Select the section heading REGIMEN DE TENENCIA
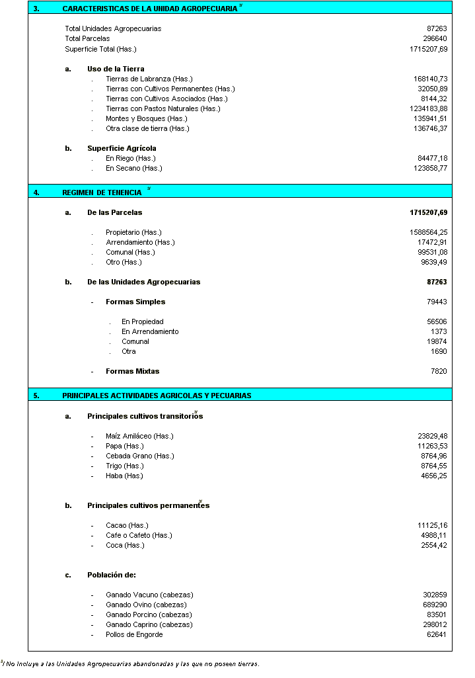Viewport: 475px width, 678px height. [102, 192]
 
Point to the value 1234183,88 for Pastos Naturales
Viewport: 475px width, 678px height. [428, 108]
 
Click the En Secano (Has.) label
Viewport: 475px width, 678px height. [133, 168]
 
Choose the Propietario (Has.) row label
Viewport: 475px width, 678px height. [133, 232]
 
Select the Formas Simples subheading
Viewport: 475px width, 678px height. [135, 302]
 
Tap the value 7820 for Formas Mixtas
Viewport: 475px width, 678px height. [439, 371]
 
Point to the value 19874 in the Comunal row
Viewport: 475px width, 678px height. [437, 341]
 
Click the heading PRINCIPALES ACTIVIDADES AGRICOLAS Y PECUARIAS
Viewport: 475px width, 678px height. [157, 396]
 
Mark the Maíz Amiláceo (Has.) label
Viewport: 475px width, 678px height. [139, 436]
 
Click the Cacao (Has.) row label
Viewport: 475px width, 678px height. [127, 525]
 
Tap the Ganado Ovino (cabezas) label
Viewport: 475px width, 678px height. [146, 605]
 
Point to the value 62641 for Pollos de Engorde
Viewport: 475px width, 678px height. [437, 634]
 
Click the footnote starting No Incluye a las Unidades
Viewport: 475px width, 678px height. [132, 663]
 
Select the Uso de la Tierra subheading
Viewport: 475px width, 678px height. [116, 69]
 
